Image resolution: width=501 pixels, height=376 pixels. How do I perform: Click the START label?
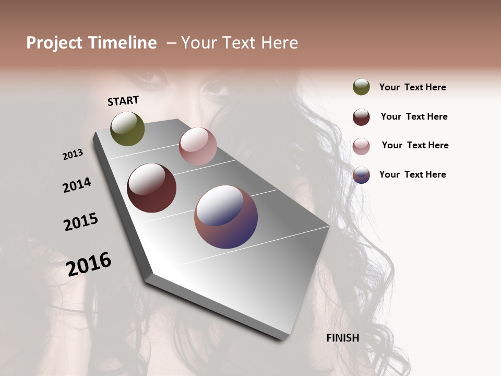coord(123,101)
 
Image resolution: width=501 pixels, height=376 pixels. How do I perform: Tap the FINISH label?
coord(342,338)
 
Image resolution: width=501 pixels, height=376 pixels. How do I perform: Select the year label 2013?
coord(73,155)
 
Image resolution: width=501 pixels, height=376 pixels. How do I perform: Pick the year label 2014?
coord(77,185)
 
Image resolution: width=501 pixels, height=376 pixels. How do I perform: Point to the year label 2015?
coord(81,222)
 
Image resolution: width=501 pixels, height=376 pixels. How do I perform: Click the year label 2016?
coord(89,264)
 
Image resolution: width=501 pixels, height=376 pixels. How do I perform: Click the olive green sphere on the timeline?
coord(127,128)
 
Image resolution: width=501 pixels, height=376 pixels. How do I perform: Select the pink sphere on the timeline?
coord(198,146)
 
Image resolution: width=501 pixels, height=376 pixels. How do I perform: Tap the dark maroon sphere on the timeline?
coord(151,188)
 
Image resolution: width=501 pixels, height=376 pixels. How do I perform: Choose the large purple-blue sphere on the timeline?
coord(226,216)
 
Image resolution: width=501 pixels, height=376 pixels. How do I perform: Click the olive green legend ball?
coord(361,87)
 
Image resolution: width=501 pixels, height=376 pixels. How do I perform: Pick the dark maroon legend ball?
coord(361,117)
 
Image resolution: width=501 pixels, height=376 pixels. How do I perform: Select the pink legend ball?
coord(361,146)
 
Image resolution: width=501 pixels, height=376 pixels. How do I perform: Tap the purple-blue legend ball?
coord(361,175)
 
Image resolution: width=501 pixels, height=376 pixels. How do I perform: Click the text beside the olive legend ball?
coord(412,88)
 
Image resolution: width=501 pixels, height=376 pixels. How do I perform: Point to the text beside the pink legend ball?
coord(415,145)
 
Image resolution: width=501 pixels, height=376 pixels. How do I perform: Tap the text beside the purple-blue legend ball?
coord(412,174)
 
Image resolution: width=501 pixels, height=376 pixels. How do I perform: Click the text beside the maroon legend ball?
coord(414,116)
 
